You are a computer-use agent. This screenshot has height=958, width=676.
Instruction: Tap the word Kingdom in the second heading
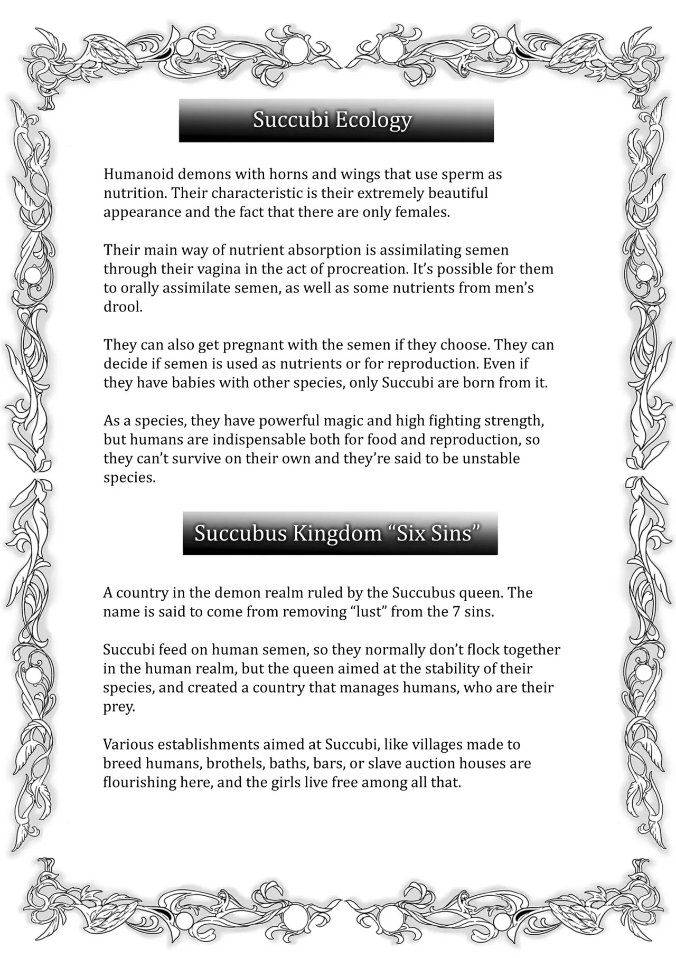[x=337, y=533]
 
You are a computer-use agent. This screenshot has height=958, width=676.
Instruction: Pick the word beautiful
[x=458, y=193]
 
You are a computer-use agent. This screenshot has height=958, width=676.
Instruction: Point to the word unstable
[x=491, y=459]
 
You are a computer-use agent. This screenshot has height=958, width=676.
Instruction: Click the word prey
[x=118, y=707]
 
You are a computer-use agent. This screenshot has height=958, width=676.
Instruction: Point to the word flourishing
[x=139, y=782]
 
